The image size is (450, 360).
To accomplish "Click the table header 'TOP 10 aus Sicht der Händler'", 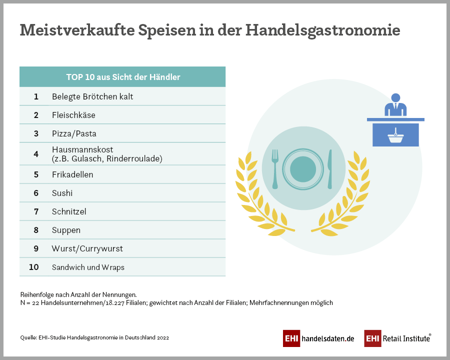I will pyautogui.click(x=123, y=77).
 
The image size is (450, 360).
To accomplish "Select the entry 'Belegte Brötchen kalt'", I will pyautogui.click(x=92, y=96).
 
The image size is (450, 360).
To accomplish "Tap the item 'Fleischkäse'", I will pyautogui.click(x=73, y=115).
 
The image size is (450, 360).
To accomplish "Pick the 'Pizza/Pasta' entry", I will pyautogui.click(x=74, y=133).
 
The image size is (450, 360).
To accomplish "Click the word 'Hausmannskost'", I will pyautogui.click(x=82, y=149).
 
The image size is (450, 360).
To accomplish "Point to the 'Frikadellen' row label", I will pyautogui.click(x=72, y=174).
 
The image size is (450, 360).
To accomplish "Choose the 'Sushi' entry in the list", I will pyautogui.click(x=62, y=193).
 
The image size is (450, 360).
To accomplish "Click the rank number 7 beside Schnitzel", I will pyautogui.click(x=36, y=211).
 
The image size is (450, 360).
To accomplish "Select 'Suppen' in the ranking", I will pyautogui.click(x=66, y=230).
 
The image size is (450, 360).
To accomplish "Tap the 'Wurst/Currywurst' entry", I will pyautogui.click(x=87, y=248).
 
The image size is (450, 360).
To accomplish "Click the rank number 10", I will pyautogui.click(x=34, y=267).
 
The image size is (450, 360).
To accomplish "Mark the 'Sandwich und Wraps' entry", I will pyautogui.click(x=88, y=267).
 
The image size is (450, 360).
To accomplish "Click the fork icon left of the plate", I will pyautogui.click(x=274, y=168).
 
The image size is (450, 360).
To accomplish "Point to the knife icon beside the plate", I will pyautogui.click(x=329, y=168).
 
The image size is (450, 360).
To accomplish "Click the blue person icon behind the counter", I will pyautogui.click(x=395, y=104).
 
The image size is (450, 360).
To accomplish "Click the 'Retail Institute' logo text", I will pyautogui.click(x=406, y=338).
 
